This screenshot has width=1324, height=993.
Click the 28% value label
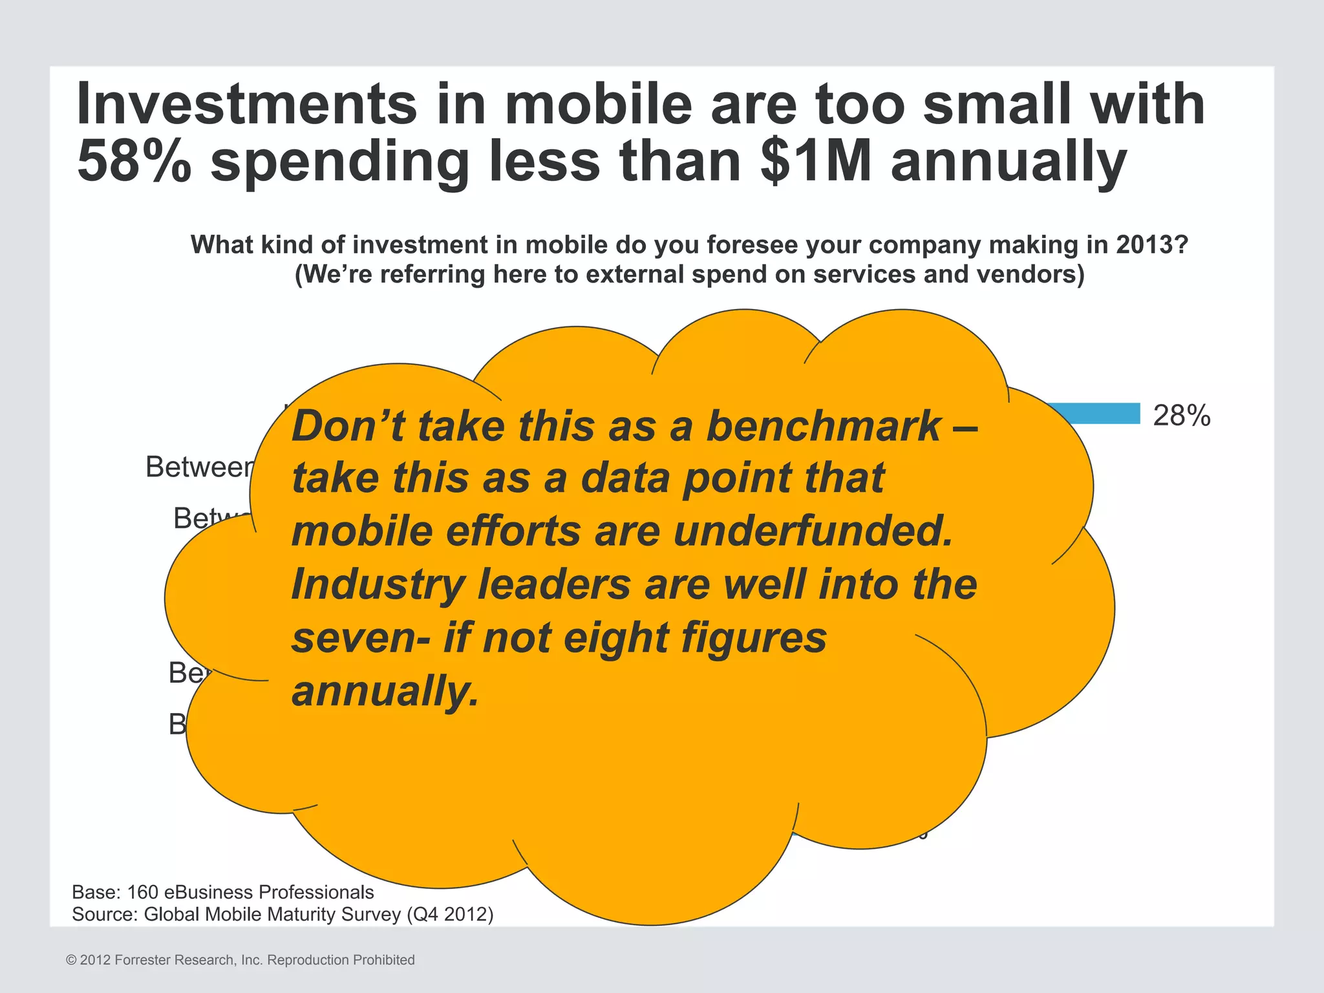pyautogui.click(x=1181, y=416)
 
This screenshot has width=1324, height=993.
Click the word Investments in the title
pyautogui.click(x=246, y=104)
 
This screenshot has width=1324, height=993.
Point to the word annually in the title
pyautogui.click(x=1009, y=162)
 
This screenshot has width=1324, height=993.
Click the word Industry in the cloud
pyautogui.click(x=378, y=584)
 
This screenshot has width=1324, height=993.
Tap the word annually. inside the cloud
pyautogui.click(x=385, y=690)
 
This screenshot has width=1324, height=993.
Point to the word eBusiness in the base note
pyautogui.click(x=208, y=892)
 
